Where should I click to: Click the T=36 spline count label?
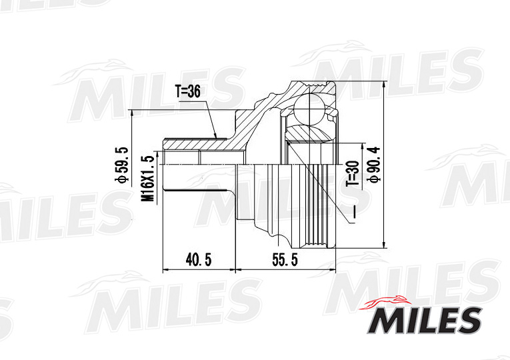[x=187, y=93]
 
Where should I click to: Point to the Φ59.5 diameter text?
[x=122, y=167]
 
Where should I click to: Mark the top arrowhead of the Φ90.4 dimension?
[x=385, y=85]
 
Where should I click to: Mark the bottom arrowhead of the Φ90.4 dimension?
[x=385, y=247]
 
